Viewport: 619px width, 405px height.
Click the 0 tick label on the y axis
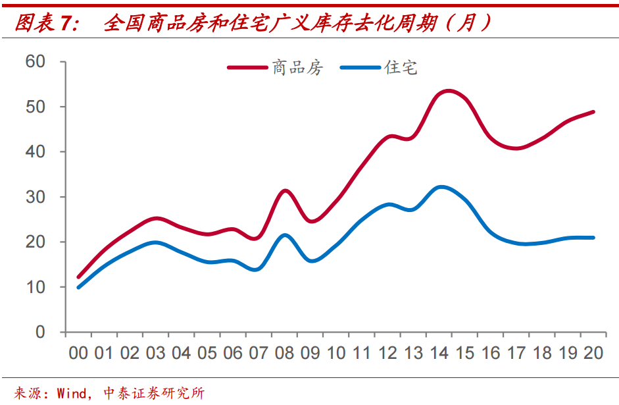point(40,332)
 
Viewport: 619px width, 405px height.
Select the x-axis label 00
point(78,354)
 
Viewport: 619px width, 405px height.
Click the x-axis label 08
point(284,354)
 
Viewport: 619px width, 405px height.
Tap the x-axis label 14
point(439,354)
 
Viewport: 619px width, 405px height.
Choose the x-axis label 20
point(593,354)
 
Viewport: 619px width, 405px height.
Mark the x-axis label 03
point(155,354)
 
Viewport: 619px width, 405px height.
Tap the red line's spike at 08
point(285,191)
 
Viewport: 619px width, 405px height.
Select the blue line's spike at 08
point(284,235)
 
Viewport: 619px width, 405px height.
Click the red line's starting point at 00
point(79,277)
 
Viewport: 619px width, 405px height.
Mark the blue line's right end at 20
point(593,238)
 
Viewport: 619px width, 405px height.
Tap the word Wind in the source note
point(72,393)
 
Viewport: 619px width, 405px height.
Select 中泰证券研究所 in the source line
point(154,393)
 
